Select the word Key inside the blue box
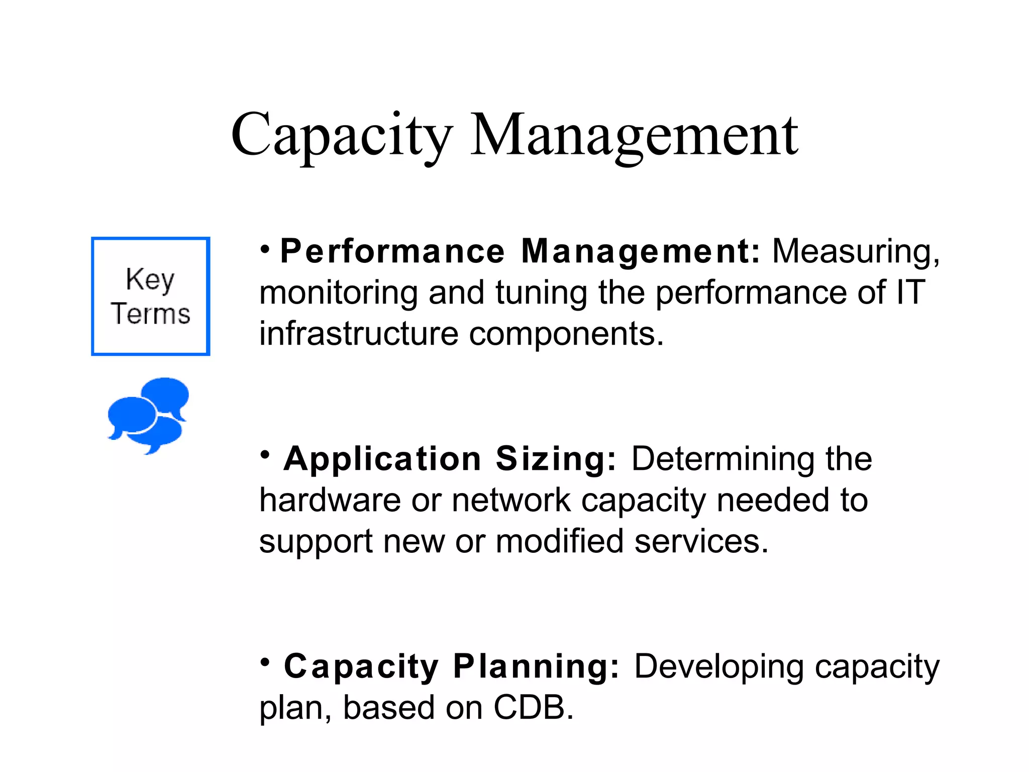click(x=150, y=279)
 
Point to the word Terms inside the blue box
click(x=150, y=314)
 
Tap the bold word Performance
click(x=392, y=251)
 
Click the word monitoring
click(x=338, y=293)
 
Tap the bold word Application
click(x=382, y=459)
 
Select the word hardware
click(x=330, y=500)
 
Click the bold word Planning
click(x=536, y=666)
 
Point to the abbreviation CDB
click(x=533, y=708)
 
